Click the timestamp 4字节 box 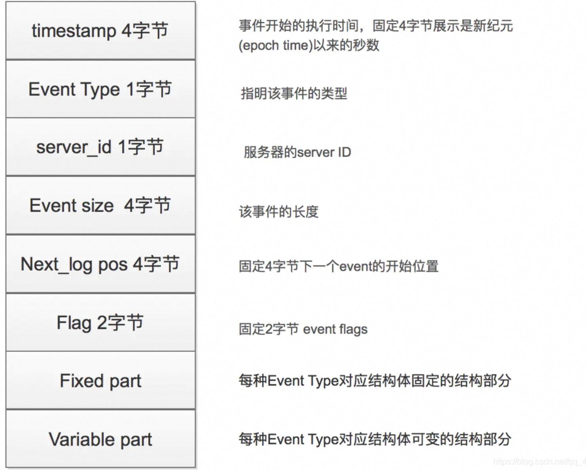click(x=100, y=31)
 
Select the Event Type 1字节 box click(x=100, y=89)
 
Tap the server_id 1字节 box click(x=100, y=147)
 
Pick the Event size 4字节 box click(x=100, y=206)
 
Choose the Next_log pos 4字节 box click(x=100, y=264)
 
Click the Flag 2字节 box click(x=100, y=323)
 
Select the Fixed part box click(x=100, y=381)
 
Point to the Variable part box click(x=100, y=439)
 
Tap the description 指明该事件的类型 click(x=294, y=94)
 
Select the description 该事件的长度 click(x=278, y=212)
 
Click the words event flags click(x=335, y=329)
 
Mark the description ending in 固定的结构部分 click(x=375, y=381)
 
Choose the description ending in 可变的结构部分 click(x=375, y=439)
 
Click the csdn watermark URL click(x=539, y=462)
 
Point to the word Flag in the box click(x=74, y=323)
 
